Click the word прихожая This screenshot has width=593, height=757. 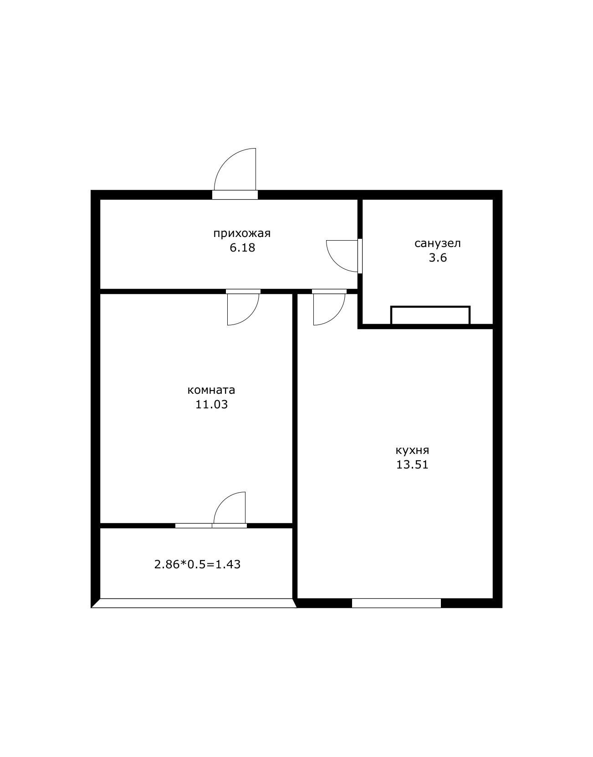tap(242, 233)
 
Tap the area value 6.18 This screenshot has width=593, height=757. tap(242, 247)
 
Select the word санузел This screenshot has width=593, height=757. tap(437, 243)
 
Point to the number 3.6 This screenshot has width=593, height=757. tap(437, 258)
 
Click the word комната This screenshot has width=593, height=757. tap(211, 390)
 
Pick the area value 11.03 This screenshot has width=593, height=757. tap(211, 404)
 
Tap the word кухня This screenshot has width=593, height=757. tap(412, 450)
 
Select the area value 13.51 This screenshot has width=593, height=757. tap(412, 465)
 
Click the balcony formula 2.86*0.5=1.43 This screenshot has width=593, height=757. tap(197, 564)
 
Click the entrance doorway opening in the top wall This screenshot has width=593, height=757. tap(235, 195)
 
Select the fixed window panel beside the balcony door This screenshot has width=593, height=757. tap(194, 525)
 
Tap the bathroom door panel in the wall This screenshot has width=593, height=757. tap(360, 256)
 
